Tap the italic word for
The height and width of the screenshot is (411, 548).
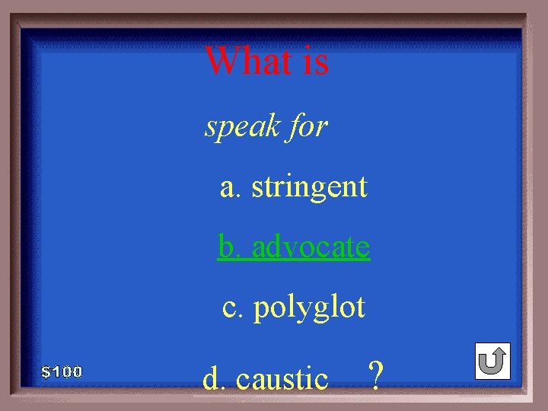click(x=308, y=126)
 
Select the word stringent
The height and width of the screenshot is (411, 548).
click(x=310, y=186)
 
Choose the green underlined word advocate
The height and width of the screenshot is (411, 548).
click(x=311, y=247)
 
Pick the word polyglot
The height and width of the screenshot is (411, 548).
click(x=310, y=308)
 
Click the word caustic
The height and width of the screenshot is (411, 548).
click(x=282, y=378)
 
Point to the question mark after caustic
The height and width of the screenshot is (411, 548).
click(x=374, y=375)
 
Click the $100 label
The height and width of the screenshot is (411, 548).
click(x=62, y=372)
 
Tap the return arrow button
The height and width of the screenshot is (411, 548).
click(x=492, y=361)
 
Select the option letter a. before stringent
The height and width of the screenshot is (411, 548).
click(x=229, y=187)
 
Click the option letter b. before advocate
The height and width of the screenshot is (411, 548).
click(x=228, y=247)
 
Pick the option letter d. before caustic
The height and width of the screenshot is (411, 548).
click(x=214, y=378)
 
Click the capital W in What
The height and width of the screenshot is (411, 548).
click(x=221, y=61)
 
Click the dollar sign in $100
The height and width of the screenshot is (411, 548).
click(x=46, y=372)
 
